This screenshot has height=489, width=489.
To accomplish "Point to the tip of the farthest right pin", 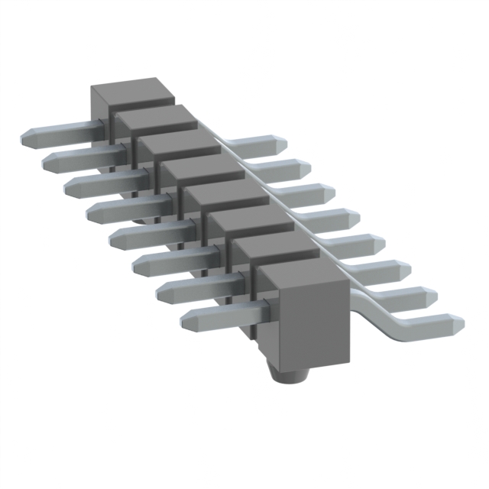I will [x=277, y=143].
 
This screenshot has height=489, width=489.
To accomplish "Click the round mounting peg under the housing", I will [x=289, y=374].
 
